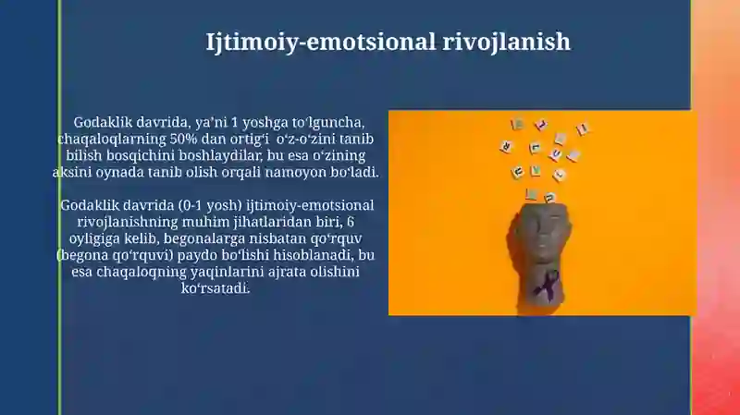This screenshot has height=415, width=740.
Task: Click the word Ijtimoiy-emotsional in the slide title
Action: coord(320,42)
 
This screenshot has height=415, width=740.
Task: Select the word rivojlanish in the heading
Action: coord(506,42)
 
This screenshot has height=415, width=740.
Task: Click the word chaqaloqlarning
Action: coord(111,140)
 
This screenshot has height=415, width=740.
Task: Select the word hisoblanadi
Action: coord(314,255)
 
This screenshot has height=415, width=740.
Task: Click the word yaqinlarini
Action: coord(227,272)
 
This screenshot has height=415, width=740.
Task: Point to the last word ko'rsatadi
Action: coord(216,288)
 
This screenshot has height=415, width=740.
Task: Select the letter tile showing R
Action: coord(505,147)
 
